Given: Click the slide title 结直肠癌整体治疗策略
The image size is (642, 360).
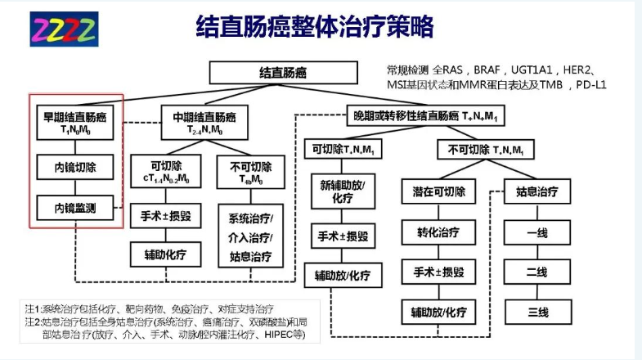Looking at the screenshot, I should (x=315, y=28).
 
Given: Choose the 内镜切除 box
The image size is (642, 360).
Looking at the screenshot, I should (x=75, y=167).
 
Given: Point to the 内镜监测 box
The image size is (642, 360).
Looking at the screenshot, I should (x=75, y=208).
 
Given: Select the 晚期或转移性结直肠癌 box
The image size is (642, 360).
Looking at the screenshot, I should (x=424, y=115).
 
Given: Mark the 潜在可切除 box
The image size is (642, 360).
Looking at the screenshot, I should (x=433, y=193).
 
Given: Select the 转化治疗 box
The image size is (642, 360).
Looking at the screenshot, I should (x=433, y=232).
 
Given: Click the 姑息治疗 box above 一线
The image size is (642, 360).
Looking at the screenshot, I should (x=536, y=192).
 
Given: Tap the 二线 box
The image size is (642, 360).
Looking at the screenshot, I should (x=536, y=272).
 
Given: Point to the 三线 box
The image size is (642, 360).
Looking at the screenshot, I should (x=536, y=311).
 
